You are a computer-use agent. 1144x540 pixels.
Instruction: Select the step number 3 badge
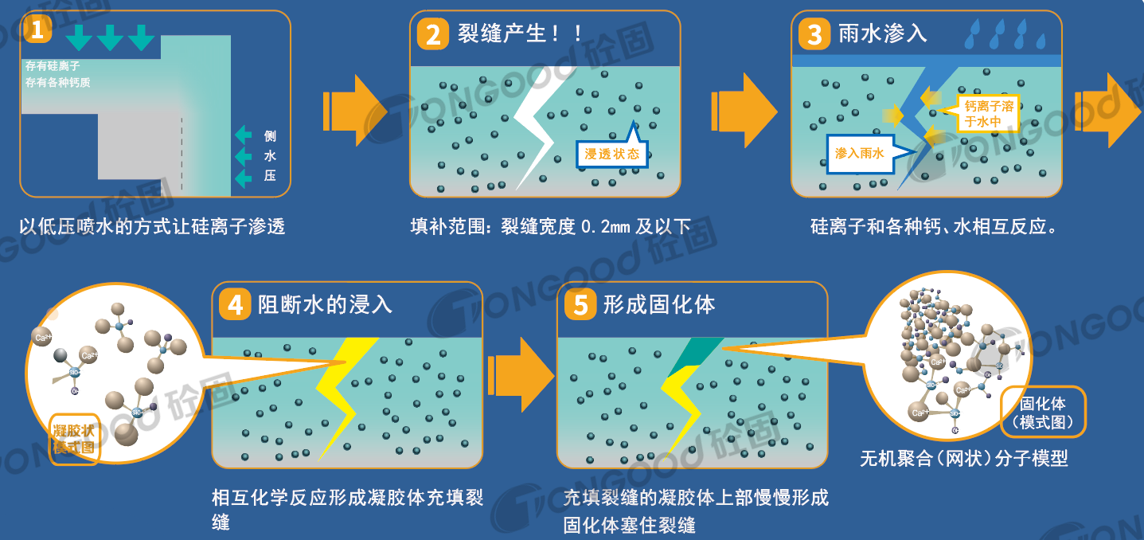[x=814, y=35]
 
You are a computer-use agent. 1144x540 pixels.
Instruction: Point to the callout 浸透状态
[x=611, y=154]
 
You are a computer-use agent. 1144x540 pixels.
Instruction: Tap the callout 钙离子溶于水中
[x=988, y=113]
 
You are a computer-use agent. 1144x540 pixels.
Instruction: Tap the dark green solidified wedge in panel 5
[x=694, y=355]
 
